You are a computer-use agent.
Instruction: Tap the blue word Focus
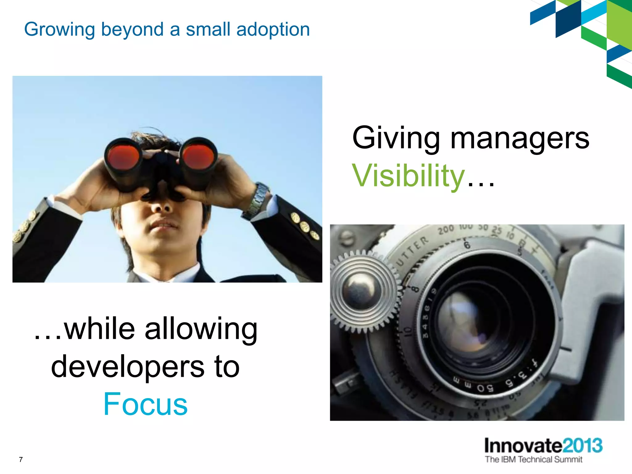click(145, 404)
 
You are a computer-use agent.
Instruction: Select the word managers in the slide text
click(520, 139)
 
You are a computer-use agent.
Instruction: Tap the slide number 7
click(21, 459)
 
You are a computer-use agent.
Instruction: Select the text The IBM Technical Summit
click(534, 459)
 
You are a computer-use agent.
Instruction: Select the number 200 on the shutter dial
click(446, 230)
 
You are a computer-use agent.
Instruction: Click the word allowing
click(201, 329)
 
